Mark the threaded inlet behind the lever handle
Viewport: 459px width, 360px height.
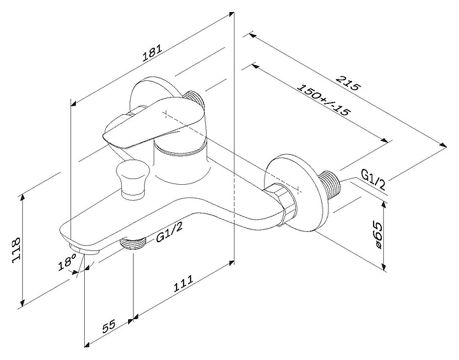pyautogui.click(x=195, y=97)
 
